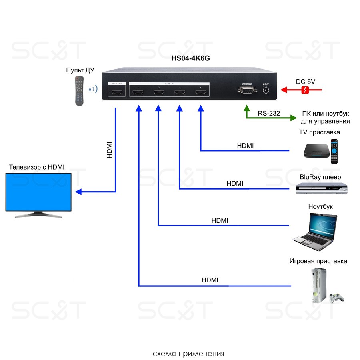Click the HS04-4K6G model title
tap(191, 58)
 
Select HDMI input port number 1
tap(138, 93)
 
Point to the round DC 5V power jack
tap(265, 90)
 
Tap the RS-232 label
tap(269, 114)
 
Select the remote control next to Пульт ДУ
tap(80, 91)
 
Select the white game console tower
tap(318, 286)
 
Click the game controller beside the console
tap(337, 298)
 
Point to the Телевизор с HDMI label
tap(37, 167)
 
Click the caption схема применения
tap(188, 354)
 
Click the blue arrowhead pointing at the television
tap(79, 192)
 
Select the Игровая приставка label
tap(318, 261)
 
